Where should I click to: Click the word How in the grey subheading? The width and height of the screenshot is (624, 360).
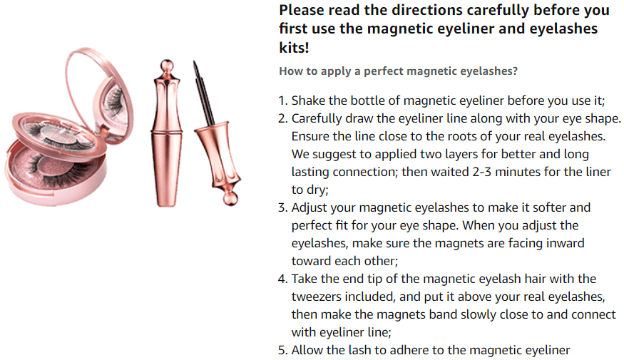pos(290,71)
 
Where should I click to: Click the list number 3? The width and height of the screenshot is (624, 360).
pos(282,207)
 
